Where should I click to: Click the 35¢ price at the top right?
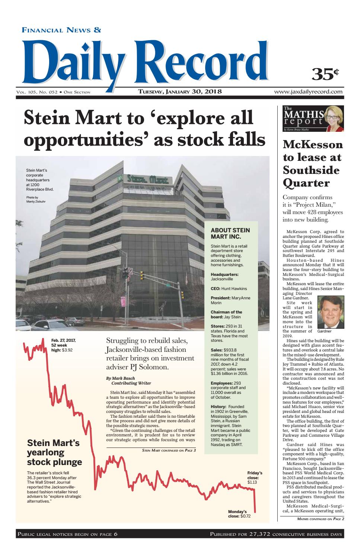click(325, 74)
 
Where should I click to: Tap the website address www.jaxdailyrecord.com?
click(308, 92)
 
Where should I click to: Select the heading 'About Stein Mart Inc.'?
click(230, 233)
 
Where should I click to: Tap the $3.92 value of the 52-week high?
click(68, 350)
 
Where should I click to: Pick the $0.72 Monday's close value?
click(246, 516)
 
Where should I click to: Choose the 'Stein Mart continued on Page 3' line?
click(169, 450)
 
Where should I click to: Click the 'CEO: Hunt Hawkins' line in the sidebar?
click(229, 289)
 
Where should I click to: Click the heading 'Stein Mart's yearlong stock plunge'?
click(54, 452)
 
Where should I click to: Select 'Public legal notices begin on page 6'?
click(67, 534)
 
